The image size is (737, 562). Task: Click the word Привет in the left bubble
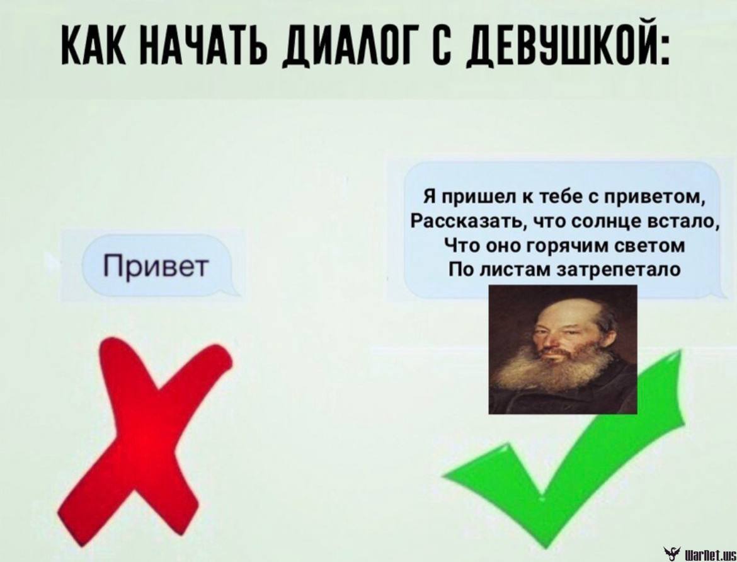tap(155, 266)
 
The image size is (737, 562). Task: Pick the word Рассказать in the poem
tap(465, 220)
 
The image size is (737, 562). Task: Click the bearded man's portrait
tap(563, 350)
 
